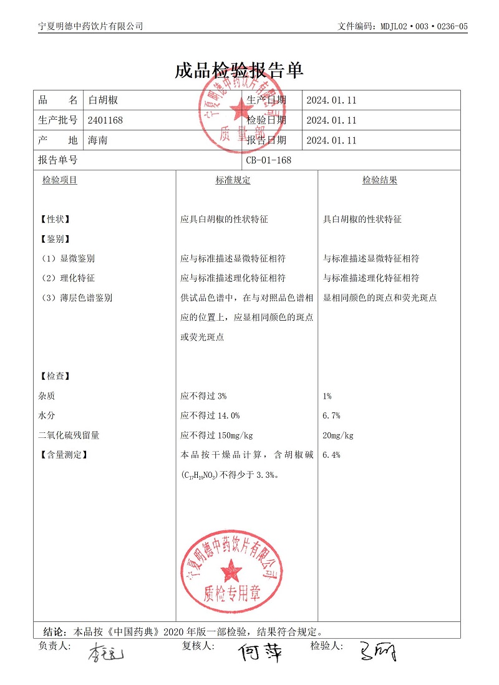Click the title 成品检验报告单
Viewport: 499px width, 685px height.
point(239,70)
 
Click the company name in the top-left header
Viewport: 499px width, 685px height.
point(90,26)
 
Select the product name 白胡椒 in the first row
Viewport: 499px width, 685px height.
point(104,100)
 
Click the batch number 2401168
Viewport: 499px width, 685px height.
point(106,120)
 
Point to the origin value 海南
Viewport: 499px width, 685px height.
point(98,140)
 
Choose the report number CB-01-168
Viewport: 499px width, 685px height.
point(269,160)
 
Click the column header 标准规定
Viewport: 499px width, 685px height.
point(233,180)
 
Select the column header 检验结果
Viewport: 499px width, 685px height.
point(380,180)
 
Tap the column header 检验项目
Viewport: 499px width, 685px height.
point(60,180)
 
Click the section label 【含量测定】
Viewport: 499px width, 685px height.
point(63,455)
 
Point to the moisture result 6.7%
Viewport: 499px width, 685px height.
point(331,415)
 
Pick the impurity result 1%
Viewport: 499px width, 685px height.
point(327,396)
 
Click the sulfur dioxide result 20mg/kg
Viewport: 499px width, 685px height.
point(339,435)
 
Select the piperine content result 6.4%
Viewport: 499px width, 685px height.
point(331,455)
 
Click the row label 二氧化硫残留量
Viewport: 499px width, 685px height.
point(69,435)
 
